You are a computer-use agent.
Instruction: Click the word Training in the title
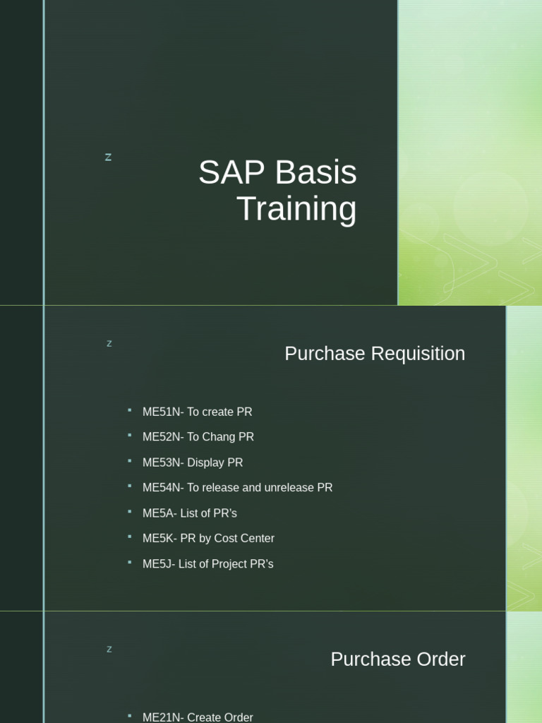pyautogui.click(x=296, y=210)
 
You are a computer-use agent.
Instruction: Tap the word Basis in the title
pyautogui.click(x=315, y=173)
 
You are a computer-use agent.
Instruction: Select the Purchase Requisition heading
pyautogui.click(x=375, y=354)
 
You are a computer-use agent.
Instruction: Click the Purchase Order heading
pyautogui.click(x=397, y=659)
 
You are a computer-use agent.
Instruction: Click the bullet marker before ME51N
pyautogui.click(x=130, y=410)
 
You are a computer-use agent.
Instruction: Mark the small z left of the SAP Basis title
pyautogui.click(x=108, y=157)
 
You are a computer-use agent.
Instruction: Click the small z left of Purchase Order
pyautogui.click(x=109, y=650)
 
